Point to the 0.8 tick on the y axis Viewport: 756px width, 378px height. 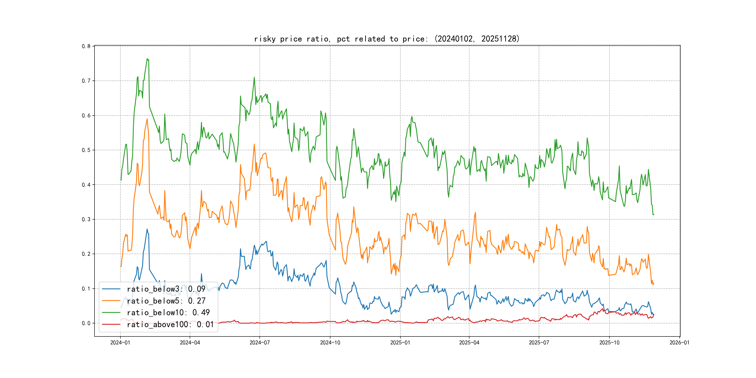[x=86, y=46]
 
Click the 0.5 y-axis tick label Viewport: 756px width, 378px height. [x=86, y=150]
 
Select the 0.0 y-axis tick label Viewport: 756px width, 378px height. [x=86, y=323]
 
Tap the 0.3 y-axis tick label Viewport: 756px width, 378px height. [x=86, y=220]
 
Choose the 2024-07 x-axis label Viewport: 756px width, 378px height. [x=259, y=343]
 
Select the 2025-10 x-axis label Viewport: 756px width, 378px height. [x=609, y=343]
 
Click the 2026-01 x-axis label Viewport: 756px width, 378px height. [x=679, y=343]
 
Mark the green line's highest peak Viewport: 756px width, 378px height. [x=147, y=59]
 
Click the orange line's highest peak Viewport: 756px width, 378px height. [x=147, y=119]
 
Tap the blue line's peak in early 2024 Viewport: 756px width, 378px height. [x=147, y=229]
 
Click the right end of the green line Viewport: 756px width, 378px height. [x=654, y=214]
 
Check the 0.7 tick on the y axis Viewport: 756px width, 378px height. [x=86, y=81]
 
